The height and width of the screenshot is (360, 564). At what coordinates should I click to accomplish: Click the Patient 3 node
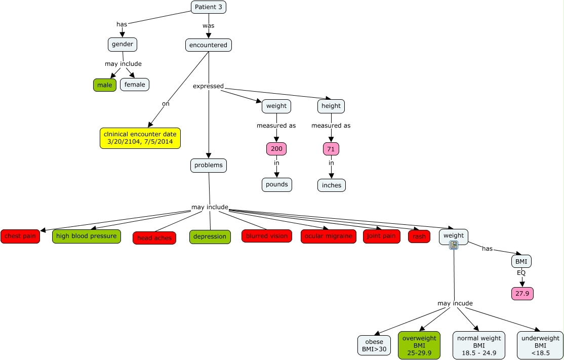pos(208,7)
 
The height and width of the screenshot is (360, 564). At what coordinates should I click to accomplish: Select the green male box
pos(105,85)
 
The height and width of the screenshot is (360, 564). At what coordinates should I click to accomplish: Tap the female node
pos(135,85)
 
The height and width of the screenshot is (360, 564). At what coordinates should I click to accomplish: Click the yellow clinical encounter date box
pos(140,138)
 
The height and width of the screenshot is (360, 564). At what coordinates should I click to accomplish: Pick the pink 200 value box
pos(276,148)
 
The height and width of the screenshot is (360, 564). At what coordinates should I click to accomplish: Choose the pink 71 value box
pos(331,148)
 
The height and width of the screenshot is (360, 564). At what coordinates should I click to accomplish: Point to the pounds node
pos(276,184)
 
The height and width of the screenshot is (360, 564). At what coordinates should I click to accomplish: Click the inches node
pos(331,185)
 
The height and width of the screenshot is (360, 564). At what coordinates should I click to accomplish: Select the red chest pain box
pos(20,236)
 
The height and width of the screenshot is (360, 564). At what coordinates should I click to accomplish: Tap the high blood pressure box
pos(87,236)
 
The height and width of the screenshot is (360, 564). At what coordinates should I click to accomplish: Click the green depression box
pos(210,236)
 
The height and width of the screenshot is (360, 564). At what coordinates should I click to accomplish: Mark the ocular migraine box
pos(329,236)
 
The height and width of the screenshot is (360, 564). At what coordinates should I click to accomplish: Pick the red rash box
pos(419,236)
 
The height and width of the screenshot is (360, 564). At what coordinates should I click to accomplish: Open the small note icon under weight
pos(454,245)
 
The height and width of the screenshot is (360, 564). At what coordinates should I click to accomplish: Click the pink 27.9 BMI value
pos(522,294)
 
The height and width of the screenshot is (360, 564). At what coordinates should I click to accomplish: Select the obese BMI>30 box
pos(374,345)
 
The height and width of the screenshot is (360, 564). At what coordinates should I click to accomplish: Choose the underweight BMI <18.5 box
pos(540,345)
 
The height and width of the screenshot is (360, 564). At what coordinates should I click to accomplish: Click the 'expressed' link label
pos(208,86)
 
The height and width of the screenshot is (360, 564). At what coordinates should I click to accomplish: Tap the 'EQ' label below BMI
pos(521,273)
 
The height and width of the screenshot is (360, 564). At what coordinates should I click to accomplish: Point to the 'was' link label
pos(209,25)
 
